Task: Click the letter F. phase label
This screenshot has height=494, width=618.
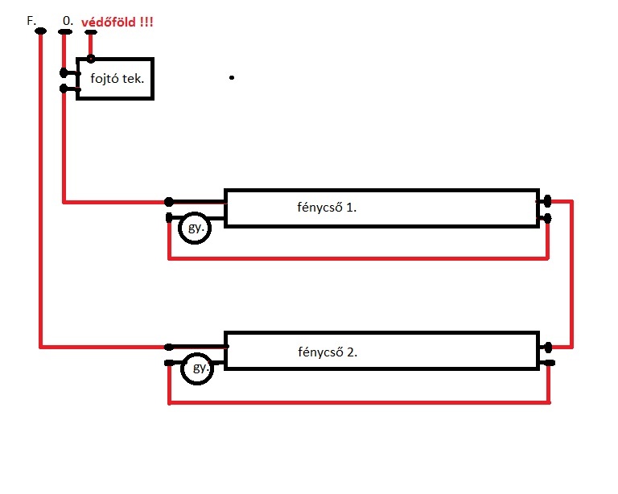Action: [x=31, y=20]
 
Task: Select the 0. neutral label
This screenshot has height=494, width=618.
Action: [x=68, y=20]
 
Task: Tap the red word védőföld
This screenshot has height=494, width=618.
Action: [x=109, y=22]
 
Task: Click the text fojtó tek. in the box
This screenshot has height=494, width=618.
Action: [x=117, y=79]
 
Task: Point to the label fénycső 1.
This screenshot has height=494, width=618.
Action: [x=327, y=208]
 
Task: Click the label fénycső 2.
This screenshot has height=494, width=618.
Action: [x=328, y=352]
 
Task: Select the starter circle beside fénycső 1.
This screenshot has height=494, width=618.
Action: [x=195, y=228]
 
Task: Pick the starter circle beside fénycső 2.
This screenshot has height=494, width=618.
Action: [x=197, y=368]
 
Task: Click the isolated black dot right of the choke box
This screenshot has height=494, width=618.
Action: [x=232, y=77]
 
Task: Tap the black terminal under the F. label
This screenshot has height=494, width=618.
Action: [x=40, y=31]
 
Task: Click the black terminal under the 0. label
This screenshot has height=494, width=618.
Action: [x=65, y=32]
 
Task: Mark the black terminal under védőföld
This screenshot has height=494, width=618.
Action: [x=91, y=32]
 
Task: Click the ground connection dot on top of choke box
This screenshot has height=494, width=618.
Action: [x=91, y=59]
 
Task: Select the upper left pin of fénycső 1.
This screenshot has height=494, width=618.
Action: [x=169, y=202]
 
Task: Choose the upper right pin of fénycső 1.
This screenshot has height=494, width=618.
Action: [x=547, y=201]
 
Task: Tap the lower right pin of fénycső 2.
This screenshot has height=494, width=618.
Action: [x=548, y=363]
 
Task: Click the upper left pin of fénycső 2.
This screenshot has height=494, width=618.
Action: [x=168, y=347]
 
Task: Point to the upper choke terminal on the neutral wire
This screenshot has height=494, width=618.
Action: [x=64, y=73]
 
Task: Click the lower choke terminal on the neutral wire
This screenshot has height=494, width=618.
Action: [x=64, y=89]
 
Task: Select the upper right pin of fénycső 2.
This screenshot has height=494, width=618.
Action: [x=548, y=348]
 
